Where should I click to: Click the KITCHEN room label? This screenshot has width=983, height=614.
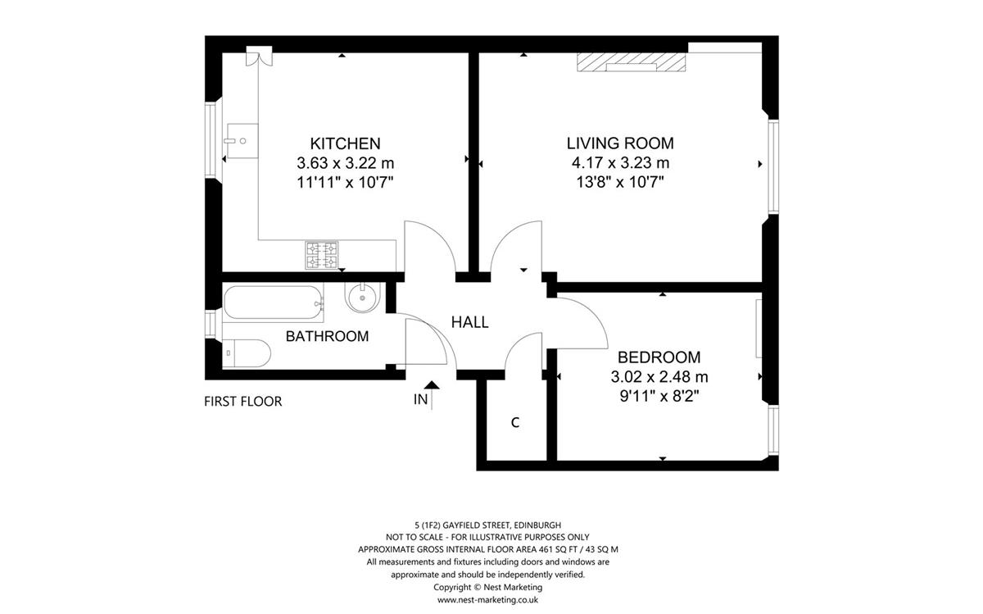(x=345, y=143)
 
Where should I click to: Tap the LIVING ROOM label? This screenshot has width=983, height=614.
(x=620, y=143)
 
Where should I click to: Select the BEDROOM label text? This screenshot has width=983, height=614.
(x=659, y=357)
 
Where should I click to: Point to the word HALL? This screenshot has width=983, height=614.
(x=469, y=322)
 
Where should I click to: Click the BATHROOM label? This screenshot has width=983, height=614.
(x=327, y=336)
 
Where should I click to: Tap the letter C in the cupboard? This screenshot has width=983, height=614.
(x=515, y=422)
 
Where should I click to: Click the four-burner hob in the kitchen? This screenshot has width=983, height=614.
(x=322, y=255)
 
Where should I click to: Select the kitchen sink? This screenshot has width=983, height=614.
(x=241, y=141)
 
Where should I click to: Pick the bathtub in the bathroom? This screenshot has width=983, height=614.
(x=274, y=302)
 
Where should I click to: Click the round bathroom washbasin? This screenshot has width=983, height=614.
(x=362, y=298)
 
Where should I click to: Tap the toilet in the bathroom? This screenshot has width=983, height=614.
(x=247, y=352)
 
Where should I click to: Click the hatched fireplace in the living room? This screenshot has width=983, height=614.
(x=631, y=62)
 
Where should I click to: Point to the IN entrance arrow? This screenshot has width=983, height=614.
(x=432, y=394)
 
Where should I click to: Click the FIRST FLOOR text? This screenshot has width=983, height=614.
(x=242, y=402)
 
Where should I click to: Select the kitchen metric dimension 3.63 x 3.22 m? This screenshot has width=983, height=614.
(x=346, y=163)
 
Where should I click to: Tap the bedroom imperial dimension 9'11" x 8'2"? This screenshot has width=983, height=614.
(x=659, y=396)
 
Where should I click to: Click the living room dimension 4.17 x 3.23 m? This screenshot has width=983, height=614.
(x=620, y=162)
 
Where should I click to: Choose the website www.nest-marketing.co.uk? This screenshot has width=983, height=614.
(x=487, y=600)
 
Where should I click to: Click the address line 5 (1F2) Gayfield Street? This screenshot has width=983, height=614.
(x=487, y=525)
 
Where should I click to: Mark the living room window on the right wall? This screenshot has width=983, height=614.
(x=773, y=167)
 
